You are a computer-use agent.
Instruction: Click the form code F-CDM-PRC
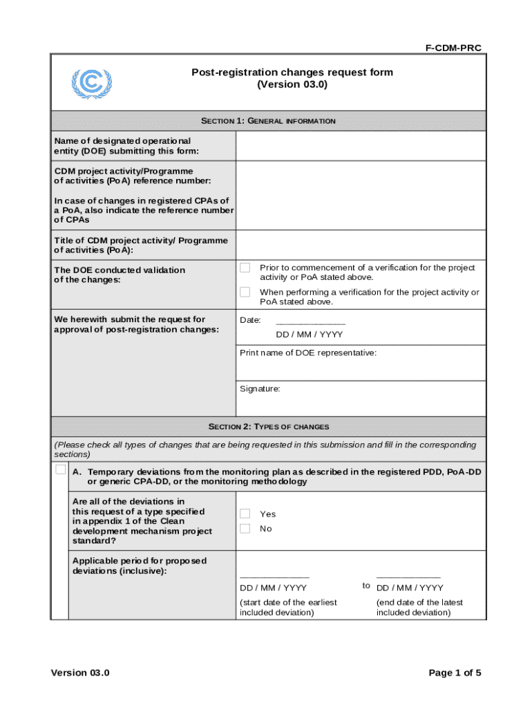(x=453, y=48)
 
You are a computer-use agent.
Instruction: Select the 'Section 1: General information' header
(x=268, y=121)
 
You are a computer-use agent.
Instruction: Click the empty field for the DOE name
(x=360, y=146)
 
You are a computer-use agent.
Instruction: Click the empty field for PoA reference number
(x=360, y=196)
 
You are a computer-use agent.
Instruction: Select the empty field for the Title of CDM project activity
(x=360, y=245)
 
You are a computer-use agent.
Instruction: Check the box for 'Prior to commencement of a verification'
(x=245, y=268)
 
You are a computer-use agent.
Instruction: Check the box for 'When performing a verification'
(x=245, y=292)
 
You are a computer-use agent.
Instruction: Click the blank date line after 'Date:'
(x=310, y=321)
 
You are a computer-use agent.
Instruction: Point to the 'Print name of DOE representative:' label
(x=308, y=353)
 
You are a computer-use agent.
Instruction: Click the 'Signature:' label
(x=260, y=389)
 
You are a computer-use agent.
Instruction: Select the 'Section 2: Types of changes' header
(x=269, y=427)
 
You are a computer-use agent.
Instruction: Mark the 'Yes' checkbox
(x=245, y=513)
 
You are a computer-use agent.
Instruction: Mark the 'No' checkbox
(x=245, y=528)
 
